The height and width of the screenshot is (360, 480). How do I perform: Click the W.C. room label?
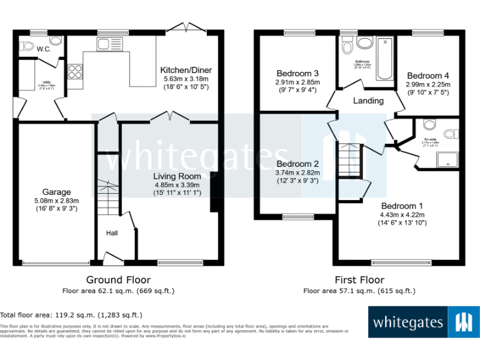pos(43,49)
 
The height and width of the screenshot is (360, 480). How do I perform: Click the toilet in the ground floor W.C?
pos(27,45)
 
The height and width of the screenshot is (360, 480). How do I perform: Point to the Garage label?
pos(56,192)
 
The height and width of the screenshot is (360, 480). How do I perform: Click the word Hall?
pos(111,233)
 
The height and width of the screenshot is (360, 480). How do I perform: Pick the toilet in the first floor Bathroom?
pos(347,46)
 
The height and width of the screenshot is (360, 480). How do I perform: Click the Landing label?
pos(368,101)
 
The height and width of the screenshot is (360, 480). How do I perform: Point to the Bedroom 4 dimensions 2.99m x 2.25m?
pos(427,84)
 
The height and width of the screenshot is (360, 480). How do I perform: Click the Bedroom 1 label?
pos(402,206)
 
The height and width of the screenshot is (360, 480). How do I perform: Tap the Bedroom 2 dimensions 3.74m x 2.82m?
pos(297,173)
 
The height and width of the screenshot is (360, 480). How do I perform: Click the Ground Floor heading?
pos(118,280)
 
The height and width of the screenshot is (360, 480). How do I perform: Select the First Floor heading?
pos(359,280)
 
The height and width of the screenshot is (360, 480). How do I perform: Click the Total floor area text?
pos(71,316)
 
